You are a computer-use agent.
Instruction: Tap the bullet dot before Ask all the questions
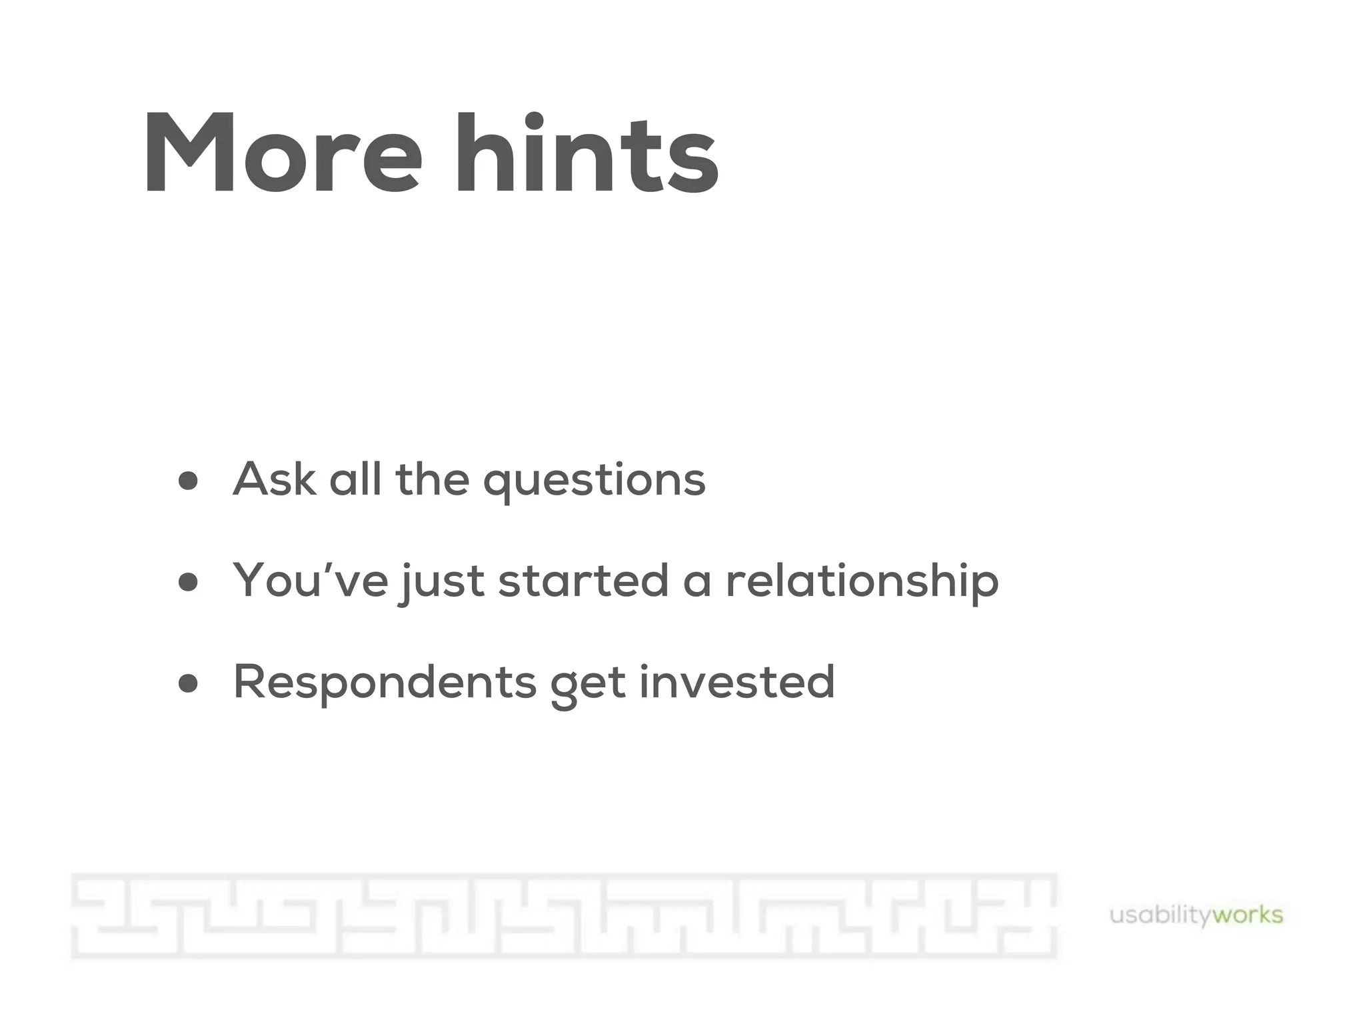[189, 480]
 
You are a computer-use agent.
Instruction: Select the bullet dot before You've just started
[189, 581]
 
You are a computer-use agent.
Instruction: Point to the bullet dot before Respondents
[189, 683]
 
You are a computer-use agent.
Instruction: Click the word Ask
[274, 479]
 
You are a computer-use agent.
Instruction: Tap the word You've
[311, 580]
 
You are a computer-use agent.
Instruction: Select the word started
[583, 580]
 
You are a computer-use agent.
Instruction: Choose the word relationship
[862, 581]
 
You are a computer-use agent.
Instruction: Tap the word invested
[736, 681]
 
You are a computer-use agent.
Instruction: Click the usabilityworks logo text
[1196, 915]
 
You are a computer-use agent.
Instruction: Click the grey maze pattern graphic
[564, 915]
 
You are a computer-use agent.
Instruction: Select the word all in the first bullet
[355, 479]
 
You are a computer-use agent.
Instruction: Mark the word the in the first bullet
[433, 479]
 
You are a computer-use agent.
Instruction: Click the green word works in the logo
[1247, 915]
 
